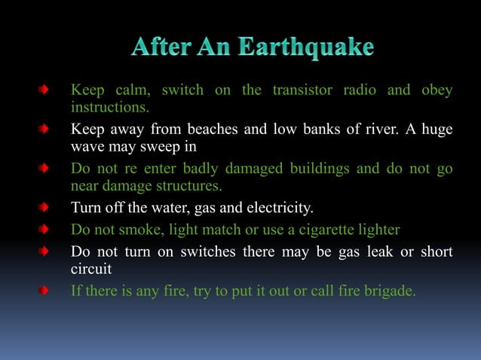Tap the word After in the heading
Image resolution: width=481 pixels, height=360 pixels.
158,47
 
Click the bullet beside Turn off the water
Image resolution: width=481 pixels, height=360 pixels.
45,207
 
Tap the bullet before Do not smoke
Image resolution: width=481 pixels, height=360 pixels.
45,229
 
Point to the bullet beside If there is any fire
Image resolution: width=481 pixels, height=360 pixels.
45,288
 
